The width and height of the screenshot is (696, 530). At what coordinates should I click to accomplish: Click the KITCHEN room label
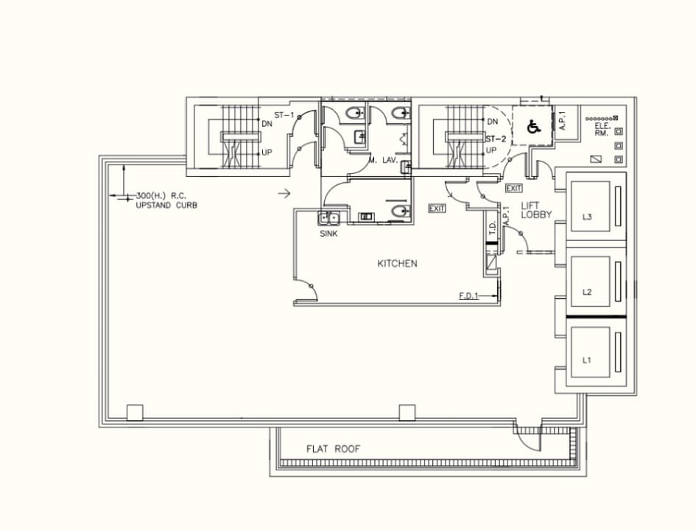(397, 263)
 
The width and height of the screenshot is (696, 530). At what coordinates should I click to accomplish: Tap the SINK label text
(328, 234)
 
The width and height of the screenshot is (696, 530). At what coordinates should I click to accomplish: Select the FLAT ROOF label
(334, 449)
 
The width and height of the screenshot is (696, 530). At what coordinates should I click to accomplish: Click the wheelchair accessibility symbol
(534, 127)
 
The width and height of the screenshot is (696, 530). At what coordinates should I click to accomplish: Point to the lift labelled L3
(587, 217)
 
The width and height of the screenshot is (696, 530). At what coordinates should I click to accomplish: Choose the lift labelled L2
(587, 292)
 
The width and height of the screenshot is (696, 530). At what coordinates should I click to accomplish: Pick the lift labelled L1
(587, 360)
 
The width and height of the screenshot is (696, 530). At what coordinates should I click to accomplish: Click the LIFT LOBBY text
(537, 210)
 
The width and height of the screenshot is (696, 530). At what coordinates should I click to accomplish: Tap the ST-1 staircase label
(284, 115)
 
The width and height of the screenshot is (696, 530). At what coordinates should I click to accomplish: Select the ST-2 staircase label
(496, 139)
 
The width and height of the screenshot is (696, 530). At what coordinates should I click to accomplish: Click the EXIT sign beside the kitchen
(437, 209)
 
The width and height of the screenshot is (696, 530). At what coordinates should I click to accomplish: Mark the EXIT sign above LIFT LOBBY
(513, 189)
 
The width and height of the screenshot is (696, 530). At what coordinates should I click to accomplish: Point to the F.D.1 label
(469, 295)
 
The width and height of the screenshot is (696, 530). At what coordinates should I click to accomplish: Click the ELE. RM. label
(602, 129)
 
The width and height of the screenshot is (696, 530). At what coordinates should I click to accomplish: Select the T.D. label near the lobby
(492, 229)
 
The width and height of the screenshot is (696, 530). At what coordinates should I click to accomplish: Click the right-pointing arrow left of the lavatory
(284, 194)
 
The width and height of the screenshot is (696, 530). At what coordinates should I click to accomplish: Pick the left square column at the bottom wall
(134, 413)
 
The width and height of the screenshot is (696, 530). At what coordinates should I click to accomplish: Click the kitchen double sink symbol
(328, 217)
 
